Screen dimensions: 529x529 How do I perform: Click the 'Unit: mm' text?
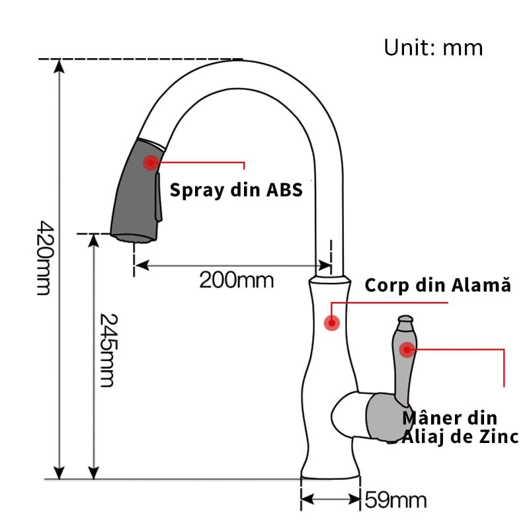click(433, 48)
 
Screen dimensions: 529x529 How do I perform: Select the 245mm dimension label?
click(108, 350)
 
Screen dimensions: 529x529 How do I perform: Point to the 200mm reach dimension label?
click(236, 280)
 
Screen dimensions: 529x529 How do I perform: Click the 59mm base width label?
click(395, 500)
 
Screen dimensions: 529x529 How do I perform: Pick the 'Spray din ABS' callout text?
click(236, 190)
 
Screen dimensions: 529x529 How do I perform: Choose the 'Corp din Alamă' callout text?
click(438, 286)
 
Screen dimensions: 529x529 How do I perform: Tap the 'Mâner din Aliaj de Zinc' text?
click(460, 428)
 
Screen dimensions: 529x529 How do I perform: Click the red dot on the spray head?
click(151, 163)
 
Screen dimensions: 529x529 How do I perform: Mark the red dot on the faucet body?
click(332, 323)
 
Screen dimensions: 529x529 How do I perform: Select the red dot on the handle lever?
click(407, 350)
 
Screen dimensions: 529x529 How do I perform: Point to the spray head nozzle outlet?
click(134, 238)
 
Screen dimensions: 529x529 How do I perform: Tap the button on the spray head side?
click(158, 197)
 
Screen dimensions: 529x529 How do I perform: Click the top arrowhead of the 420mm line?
click(60, 65)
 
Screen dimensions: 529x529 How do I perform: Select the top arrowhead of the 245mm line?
click(93, 241)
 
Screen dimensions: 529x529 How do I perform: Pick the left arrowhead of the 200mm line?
click(142, 266)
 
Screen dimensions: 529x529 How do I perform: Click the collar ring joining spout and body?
click(330, 280)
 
